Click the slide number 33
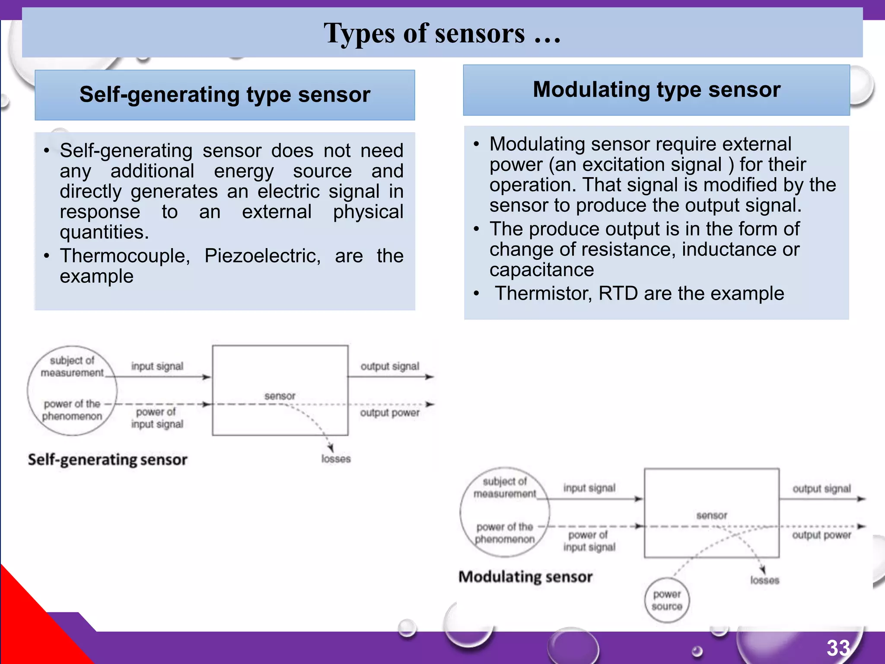pos(838,648)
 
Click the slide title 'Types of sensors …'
pos(442,33)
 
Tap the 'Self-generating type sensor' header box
pos(225,95)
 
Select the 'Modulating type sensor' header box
pos(656,90)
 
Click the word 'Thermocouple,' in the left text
pos(125,256)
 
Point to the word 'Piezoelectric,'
pos(262,256)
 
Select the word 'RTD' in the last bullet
pos(618,294)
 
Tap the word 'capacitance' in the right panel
pos(541,270)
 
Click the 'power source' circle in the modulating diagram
pos(667,600)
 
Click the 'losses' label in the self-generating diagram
pos(336,459)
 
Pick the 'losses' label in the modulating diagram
pos(764,581)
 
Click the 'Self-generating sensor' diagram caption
pos(108,460)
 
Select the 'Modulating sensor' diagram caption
pos(525,577)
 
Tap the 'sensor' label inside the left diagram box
pos(280,396)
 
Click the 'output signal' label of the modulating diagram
pos(821,489)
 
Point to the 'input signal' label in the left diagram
pos(157,367)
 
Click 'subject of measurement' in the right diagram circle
pos(504,488)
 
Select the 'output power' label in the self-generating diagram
pos(389,413)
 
